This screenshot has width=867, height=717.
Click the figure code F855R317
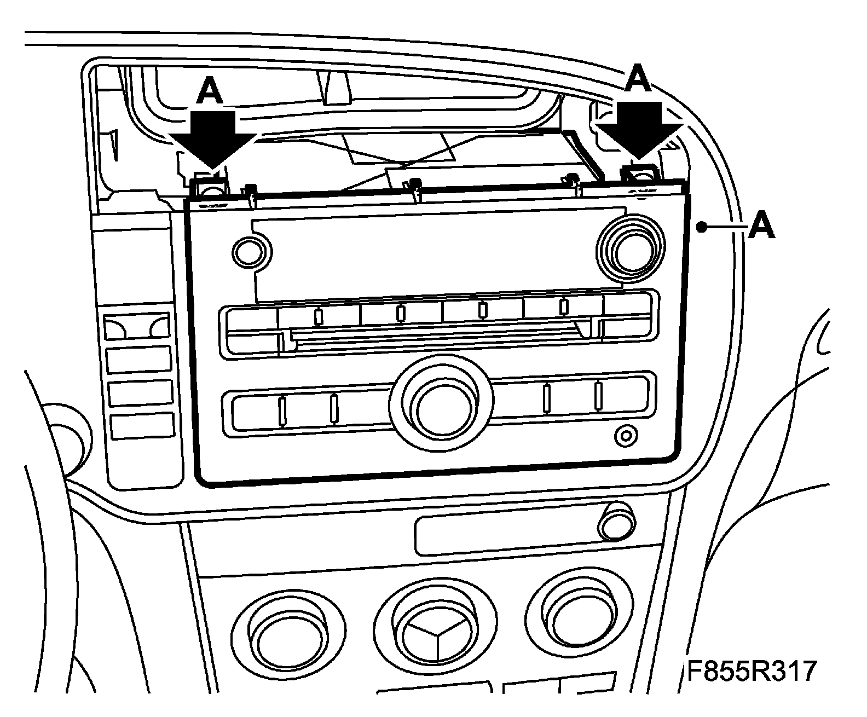tap(752, 672)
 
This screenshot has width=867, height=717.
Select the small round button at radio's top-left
tap(251, 252)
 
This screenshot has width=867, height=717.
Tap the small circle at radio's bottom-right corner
tap(626, 436)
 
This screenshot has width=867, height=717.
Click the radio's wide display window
tap(438, 252)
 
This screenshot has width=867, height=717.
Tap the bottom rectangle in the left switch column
tap(142, 426)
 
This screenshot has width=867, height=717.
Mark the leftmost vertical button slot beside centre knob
tap(282, 410)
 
